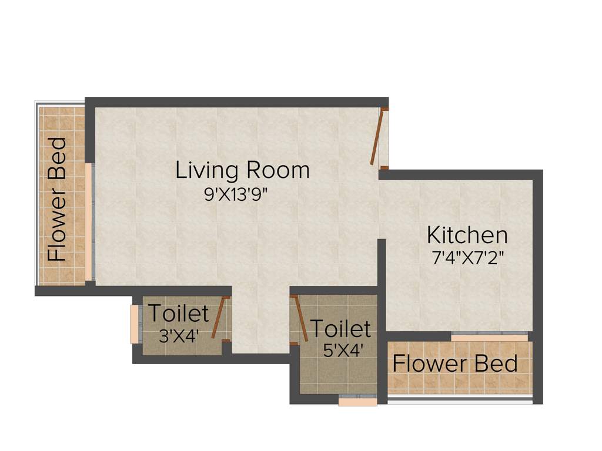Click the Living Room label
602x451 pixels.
[242, 170]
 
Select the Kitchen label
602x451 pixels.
[467, 235]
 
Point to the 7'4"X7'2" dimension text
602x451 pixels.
[468, 258]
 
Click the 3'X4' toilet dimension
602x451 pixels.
[179, 336]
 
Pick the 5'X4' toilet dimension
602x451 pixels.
[343, 351]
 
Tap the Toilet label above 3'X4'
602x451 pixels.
[178, 314]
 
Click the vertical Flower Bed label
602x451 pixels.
[57, 199]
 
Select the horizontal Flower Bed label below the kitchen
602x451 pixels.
[455, 364]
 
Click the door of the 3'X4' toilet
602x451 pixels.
[219, 318]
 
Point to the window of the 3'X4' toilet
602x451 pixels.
[134, 323]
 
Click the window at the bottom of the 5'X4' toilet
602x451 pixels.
[357, 402]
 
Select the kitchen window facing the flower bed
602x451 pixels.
[489, 337]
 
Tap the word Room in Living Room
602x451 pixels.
[278, 170]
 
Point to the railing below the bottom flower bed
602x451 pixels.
[460, 400]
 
